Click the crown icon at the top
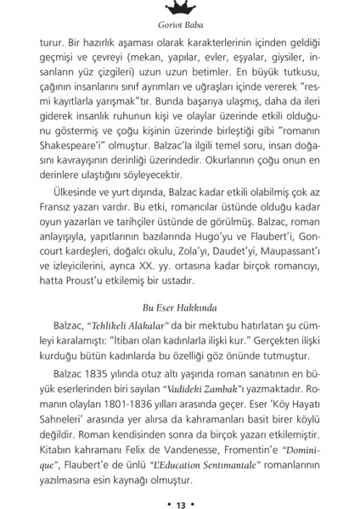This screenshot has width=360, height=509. click(x=180, y=8)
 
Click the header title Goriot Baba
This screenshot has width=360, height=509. click(x=180, y=26)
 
